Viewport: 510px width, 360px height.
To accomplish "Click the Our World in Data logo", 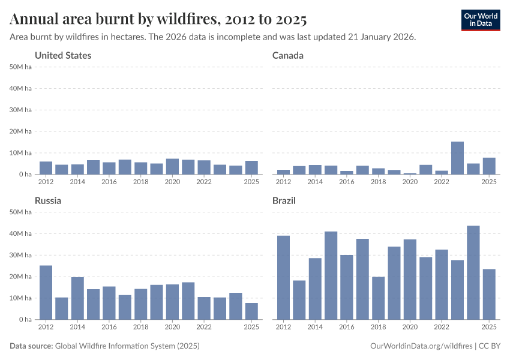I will tap(480, 20).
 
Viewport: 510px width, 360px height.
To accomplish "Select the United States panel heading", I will tap(63, 55).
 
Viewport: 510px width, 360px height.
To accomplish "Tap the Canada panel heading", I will tap(288, 55).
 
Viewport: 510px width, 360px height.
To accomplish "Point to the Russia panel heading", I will tap(48, 200).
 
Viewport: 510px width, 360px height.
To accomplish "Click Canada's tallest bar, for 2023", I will tap(457, 158).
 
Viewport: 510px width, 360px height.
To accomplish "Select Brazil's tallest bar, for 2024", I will tap(473, 272).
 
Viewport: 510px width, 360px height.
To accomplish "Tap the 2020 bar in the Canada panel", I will tap(410, 173).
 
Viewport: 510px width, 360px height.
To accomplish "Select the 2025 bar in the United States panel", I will tap(251, 167).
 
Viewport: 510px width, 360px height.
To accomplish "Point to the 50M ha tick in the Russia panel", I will tap(21, 212).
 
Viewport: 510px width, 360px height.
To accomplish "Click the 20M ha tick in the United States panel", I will tap(21, 131).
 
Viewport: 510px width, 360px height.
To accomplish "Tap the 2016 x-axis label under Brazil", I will tap(347, 327).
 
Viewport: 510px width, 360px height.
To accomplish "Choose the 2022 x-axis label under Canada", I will tap(441, 182).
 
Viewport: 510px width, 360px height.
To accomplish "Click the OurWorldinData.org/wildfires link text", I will tap(420, 346).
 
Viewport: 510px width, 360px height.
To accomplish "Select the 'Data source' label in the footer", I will tap(31, 346).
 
